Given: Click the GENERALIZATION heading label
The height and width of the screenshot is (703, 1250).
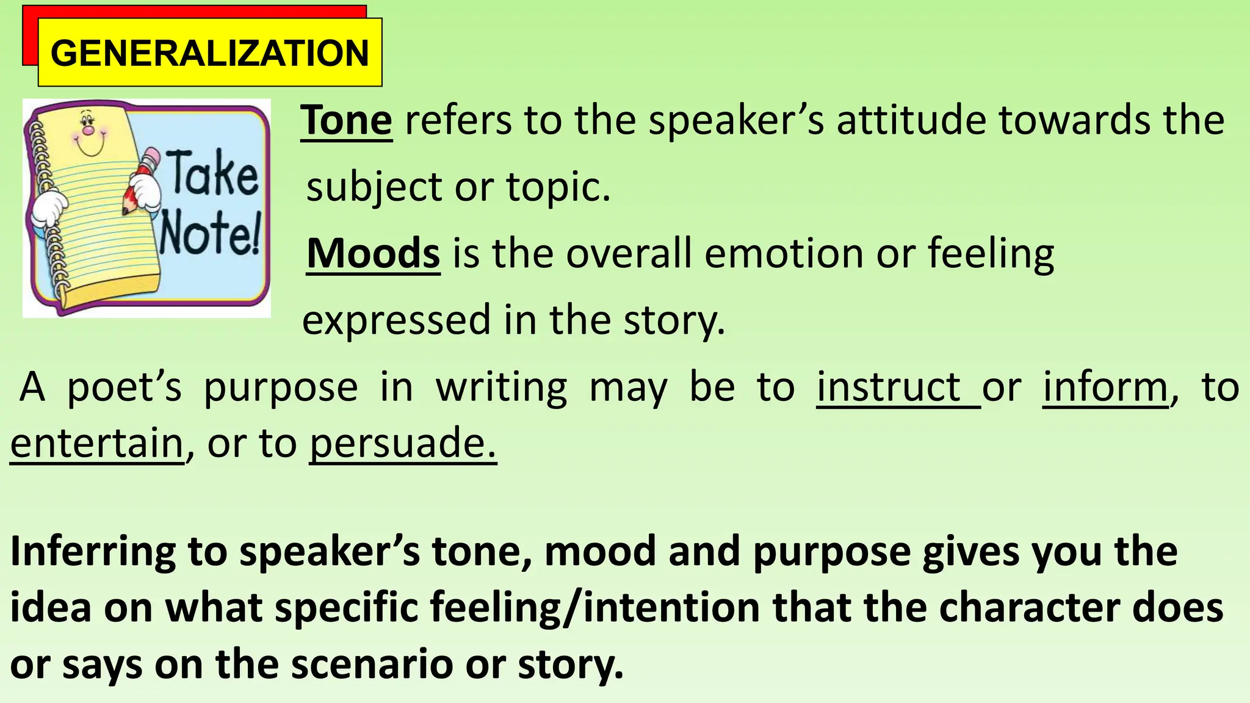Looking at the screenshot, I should pos(209,52).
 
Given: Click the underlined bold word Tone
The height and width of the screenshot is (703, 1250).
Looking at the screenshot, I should pos(346,120).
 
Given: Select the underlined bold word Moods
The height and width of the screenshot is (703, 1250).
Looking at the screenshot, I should pos(373,253).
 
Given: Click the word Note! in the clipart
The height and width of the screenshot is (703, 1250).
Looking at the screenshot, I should pos(211,232).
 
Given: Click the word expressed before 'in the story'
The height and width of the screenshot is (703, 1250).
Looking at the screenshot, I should pos(397,320).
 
